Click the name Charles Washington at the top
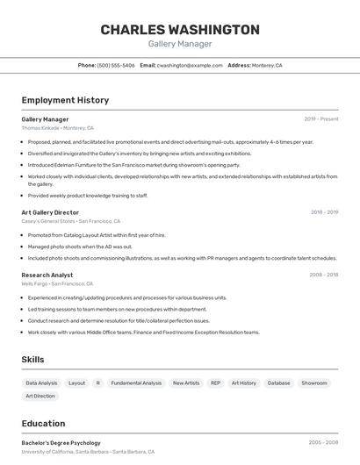pyautogui.click(x=180, y=30)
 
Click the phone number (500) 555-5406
pyautogui.click(x=116, y=65)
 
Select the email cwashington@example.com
pyautogui.click(x=189, y=65)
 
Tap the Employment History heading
pyautogui.click(x=65, y=100)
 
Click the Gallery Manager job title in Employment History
pyautogui.click(x=45, y=119)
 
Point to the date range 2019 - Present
pyautogui.click(x=320, y=119)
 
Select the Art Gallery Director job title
pyautogui.click(x=50, y=212)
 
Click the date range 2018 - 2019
pyautogui.click(x=324, y=212)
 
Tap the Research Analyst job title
pyautogui.click(x=47, y=275)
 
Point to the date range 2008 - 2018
pyautogui.click(x=323, y=275)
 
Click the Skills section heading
pyautogui.click(x=32, y=360)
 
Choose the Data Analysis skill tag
pyautogui.click(x=41, y=383)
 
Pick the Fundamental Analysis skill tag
pyautogui.click(x=136, y=383)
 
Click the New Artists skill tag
pyautogui.click(x=185, y=383)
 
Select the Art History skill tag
pyautogui.click(x=244, y=383)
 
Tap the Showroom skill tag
pyautogui.click(x=313, y=383)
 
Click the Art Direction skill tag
pyautogui.click(x=40, y=397)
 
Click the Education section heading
pyautogui.click(x=43, y=423)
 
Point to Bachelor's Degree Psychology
pyautogui.click(x=61, y=443)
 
